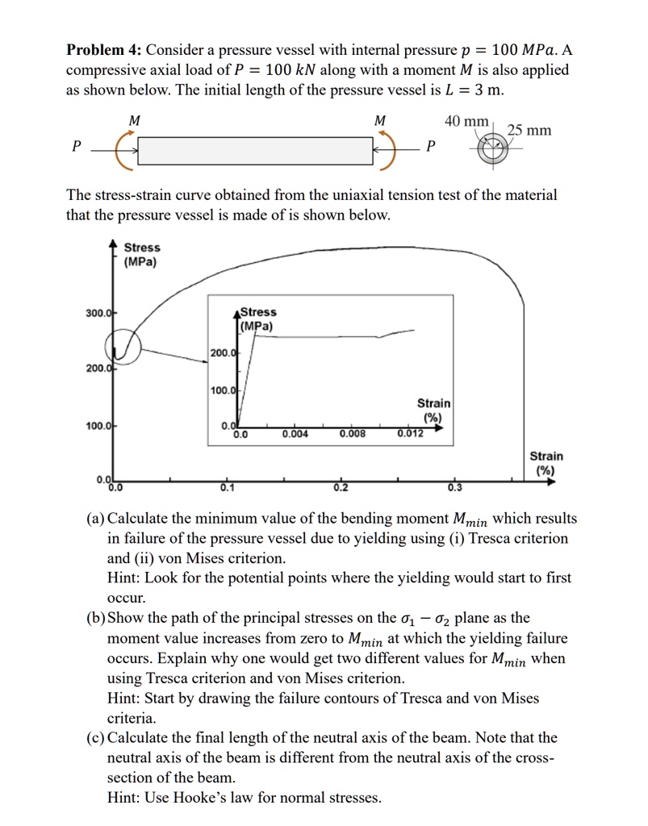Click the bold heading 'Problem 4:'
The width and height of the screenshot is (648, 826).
pyautogui.click(x=102, y=50)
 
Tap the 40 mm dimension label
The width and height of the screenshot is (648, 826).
pyautogui.click(x=466, y=121)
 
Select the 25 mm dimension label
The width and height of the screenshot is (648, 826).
pyautogui.click(x=529, y=130)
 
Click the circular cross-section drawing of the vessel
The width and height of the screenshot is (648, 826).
pyautogui.click(x=490, y=150)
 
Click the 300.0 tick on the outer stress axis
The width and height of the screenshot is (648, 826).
pyautogui.click(x=98, y=312)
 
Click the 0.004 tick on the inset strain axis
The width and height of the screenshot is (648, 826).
pyautogui.click(x=295, y=434)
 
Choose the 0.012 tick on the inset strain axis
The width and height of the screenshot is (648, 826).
pyautogui.click(x=410, y=434)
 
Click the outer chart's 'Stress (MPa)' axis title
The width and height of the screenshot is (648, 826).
pyautogui.click(x=141, y=254)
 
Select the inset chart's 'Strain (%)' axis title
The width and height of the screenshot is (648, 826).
pyautogui.click(x=433, y=410)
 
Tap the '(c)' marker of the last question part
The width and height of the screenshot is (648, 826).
pyautogui.click(x=95, y=738)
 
